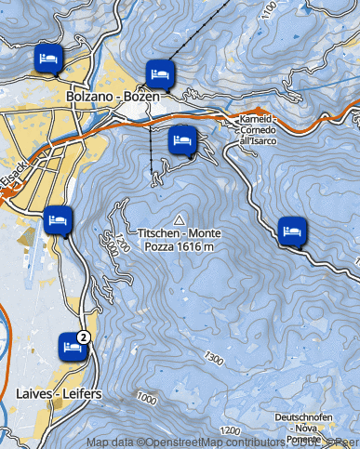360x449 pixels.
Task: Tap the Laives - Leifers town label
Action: [x=59, y=394]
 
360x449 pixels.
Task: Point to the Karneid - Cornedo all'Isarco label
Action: [x=257, y=130]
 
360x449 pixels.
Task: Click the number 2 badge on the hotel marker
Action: [x=85, y=337]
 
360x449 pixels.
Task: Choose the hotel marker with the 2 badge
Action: [x=70, y=346]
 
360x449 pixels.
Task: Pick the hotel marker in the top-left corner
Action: [x=48, y=59]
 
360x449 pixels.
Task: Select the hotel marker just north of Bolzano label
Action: [x=159, y=72]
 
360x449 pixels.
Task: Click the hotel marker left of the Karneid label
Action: [x=182, y=141]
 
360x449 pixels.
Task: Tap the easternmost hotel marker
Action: [x=292, y=230]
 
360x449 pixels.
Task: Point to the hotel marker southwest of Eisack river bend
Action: [x=58, y=220]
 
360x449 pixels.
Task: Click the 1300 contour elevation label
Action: [x=216, y=358]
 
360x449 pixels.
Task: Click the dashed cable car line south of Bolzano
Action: [x=151, y=153]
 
